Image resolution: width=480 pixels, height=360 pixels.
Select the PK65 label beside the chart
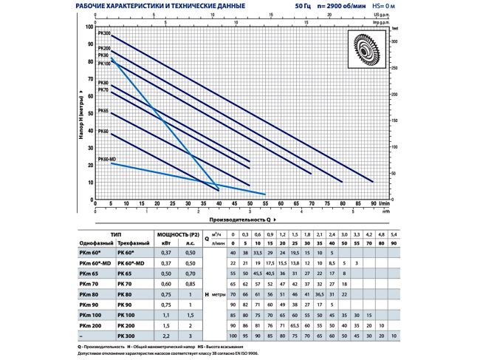(103, 110)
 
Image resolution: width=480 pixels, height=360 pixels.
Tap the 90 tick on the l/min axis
(373, 205)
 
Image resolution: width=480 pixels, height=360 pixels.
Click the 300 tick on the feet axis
(394, 42)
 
